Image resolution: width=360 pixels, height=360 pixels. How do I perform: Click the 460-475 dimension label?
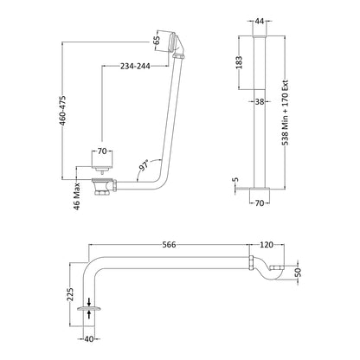click(x=63, y=111)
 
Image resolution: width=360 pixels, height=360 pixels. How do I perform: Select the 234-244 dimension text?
click(x=135, y=67)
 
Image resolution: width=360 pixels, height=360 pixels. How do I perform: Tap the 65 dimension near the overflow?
click(x=157, y=41)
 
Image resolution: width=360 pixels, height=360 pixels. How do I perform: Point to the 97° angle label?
click(x=145, y=165)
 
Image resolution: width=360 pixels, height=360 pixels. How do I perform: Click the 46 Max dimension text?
click(x=77, y=196)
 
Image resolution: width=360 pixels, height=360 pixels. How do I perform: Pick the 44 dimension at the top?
click(x=260, y=21)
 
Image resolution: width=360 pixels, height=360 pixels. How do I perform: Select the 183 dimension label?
click(x=239, y=62)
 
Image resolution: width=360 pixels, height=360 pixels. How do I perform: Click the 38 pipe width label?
click(x=260, y=101)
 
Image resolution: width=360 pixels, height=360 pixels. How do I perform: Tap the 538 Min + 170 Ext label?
click(x=286, y=112)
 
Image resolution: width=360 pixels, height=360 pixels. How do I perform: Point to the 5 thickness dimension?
click(x=236, y=179)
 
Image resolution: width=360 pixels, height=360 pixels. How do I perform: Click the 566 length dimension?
click(x=169, y=245)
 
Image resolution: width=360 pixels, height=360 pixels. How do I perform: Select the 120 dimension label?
click(x=267, y=245)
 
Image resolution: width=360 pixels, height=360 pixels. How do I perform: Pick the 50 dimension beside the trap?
click(x=299, y=273)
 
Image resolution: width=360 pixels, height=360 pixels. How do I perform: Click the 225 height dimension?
click(x=70, y=294)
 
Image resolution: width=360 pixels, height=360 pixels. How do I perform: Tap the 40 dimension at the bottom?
click(x=89, y=339)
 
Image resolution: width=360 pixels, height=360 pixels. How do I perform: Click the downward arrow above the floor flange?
click(x=89, y=302)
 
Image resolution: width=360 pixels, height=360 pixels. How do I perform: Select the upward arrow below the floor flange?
click(x=89, y=314)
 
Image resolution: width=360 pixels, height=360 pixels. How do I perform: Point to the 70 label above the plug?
click(x=102, y=151)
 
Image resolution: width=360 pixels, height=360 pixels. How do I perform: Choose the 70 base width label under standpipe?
click(x=260, y=203)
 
